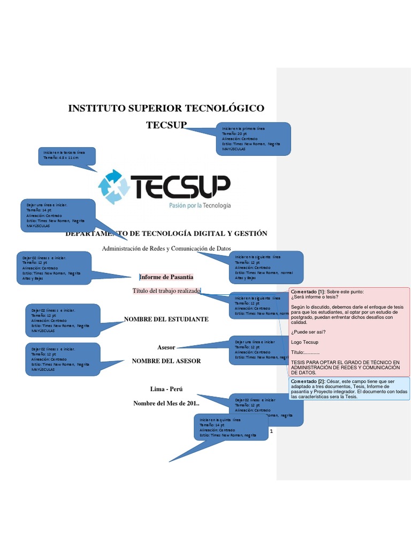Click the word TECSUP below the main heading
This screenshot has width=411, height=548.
tap(166, 125)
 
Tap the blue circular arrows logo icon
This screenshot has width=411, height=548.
tap(114, 186)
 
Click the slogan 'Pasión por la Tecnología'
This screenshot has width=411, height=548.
tap(200, 205)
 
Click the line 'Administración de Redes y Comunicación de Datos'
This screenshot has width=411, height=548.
tap(166, 249)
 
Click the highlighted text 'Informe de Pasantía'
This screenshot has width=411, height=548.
tap(166, 277)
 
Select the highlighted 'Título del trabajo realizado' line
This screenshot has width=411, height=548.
tap(166, 291)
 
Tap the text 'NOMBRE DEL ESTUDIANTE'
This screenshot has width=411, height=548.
tap(166, 319)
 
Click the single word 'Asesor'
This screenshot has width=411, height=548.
tap(166, 347)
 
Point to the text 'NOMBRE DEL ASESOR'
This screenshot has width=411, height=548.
tap(166, 361)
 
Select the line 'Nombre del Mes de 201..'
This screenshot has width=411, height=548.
tap(166, 403)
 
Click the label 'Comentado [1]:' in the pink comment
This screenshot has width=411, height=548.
tap(308, 292)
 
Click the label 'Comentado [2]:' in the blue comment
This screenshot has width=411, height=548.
tap(308, 382)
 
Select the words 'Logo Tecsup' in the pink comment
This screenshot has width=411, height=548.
tap(305, 342)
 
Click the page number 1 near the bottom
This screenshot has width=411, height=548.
tap(272, 431)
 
